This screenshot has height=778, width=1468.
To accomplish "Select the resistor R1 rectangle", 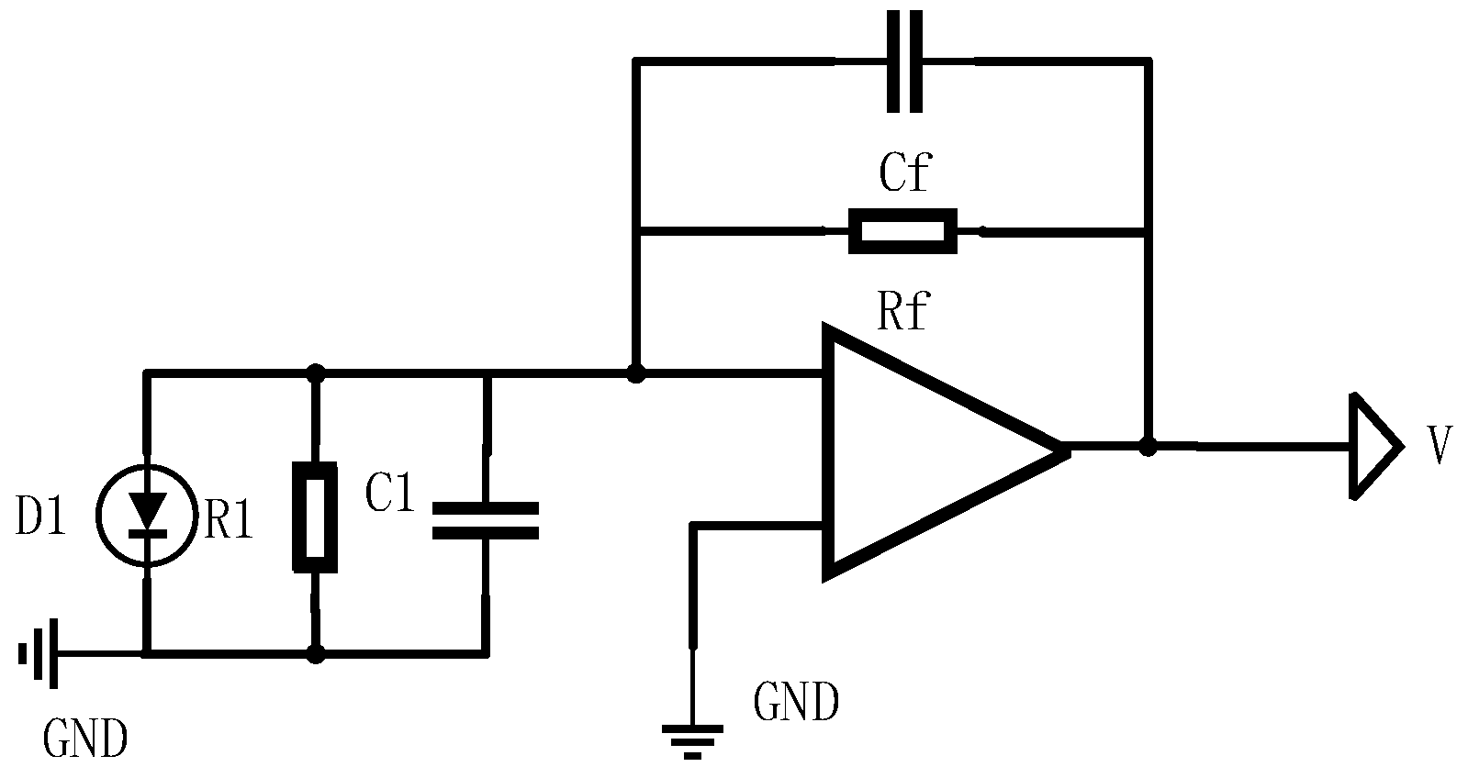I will pos(315,517).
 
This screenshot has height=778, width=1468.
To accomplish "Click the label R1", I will pos(229,523).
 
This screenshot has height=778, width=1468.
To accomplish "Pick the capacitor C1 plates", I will pos(485,519).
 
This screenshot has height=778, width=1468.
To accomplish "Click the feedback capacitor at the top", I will pos(904,61).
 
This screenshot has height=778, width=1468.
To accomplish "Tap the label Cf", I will pos(903,172).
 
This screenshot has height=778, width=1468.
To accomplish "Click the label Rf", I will pos(903,312).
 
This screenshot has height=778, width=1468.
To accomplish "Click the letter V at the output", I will pos(1440,448).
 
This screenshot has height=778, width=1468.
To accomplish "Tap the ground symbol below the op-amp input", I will pos(693,739).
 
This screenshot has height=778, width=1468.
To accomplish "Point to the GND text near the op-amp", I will pos(795,704).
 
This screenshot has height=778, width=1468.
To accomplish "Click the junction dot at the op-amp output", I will pos(1147,447).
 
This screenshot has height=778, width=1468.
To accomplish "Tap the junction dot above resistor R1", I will pos(315,373).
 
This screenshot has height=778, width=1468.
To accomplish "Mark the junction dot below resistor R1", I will pos(315,654).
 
